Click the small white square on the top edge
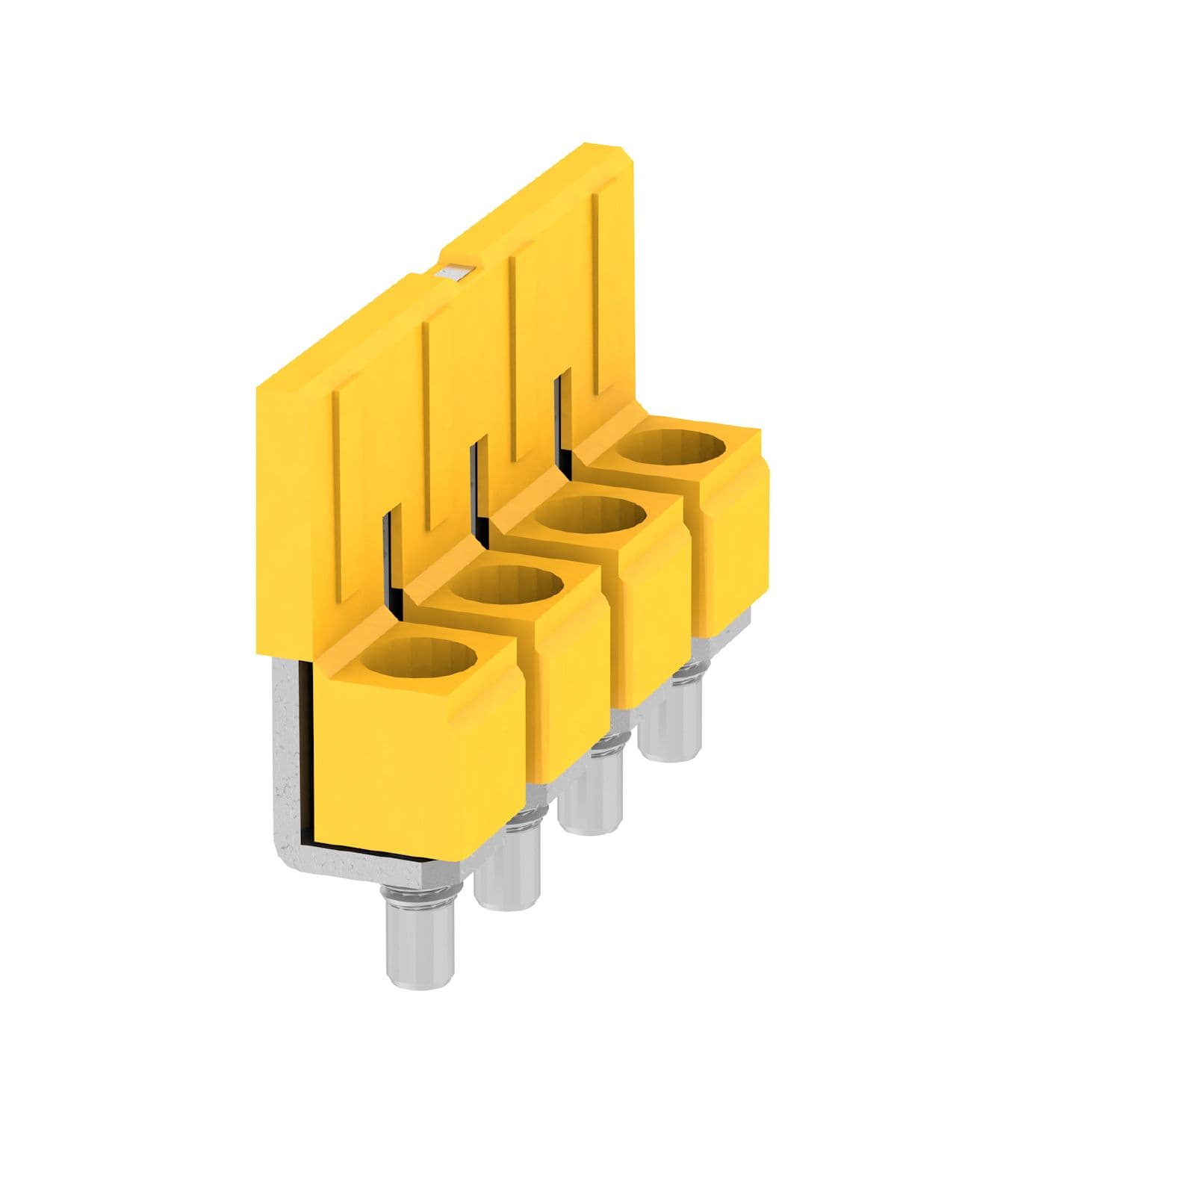[x=454, y=273]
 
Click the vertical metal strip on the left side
[x=288, y=739]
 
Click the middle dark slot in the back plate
[x=478, y=493]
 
